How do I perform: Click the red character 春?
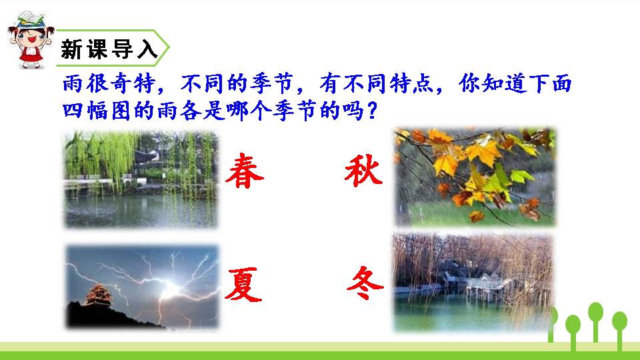(245, 171)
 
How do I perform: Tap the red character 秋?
(364, 171)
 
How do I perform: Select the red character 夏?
(243, 285)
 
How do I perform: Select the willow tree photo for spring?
(141, 179)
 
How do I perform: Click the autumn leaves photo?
(475, 177)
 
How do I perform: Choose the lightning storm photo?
(142, 287)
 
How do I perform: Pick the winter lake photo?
(473, 282)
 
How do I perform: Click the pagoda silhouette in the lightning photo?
(99, 295)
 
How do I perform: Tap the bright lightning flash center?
(171, 289)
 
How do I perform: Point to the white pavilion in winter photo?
(486, 286)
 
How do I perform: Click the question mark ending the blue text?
(372, 110)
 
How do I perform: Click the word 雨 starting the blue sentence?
(73, 84)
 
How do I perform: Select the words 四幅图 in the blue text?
(97, 110)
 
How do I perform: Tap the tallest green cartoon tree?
(595, 323)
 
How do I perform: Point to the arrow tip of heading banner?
(168, 48)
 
